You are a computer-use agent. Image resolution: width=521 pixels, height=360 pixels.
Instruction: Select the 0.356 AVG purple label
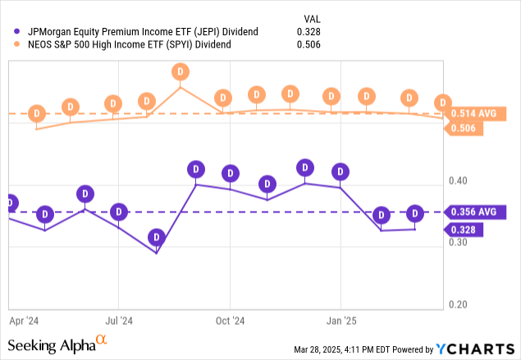[x=475, y=212]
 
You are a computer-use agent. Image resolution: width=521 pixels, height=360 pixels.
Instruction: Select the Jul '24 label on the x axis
[x=120, y=322]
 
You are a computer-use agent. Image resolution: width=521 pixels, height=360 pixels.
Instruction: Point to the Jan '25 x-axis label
[x=341, y=322]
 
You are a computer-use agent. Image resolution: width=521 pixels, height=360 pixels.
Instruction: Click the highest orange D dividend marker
[x=181, y=72]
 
